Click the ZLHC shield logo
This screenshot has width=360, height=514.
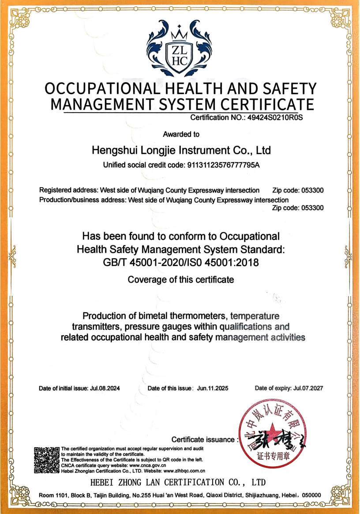180,53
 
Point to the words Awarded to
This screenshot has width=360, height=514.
181,134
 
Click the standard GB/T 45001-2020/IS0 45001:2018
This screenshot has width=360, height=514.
180,262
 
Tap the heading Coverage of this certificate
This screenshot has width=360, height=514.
180,280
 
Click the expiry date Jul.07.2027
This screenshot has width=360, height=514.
308,389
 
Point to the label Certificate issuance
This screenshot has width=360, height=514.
203,439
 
